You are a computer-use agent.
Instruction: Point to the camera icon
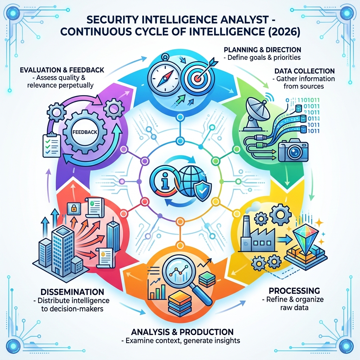click(292, 150)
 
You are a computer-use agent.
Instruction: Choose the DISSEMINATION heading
click(72, 292)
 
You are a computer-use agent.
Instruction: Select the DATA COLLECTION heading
click(304, 71)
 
